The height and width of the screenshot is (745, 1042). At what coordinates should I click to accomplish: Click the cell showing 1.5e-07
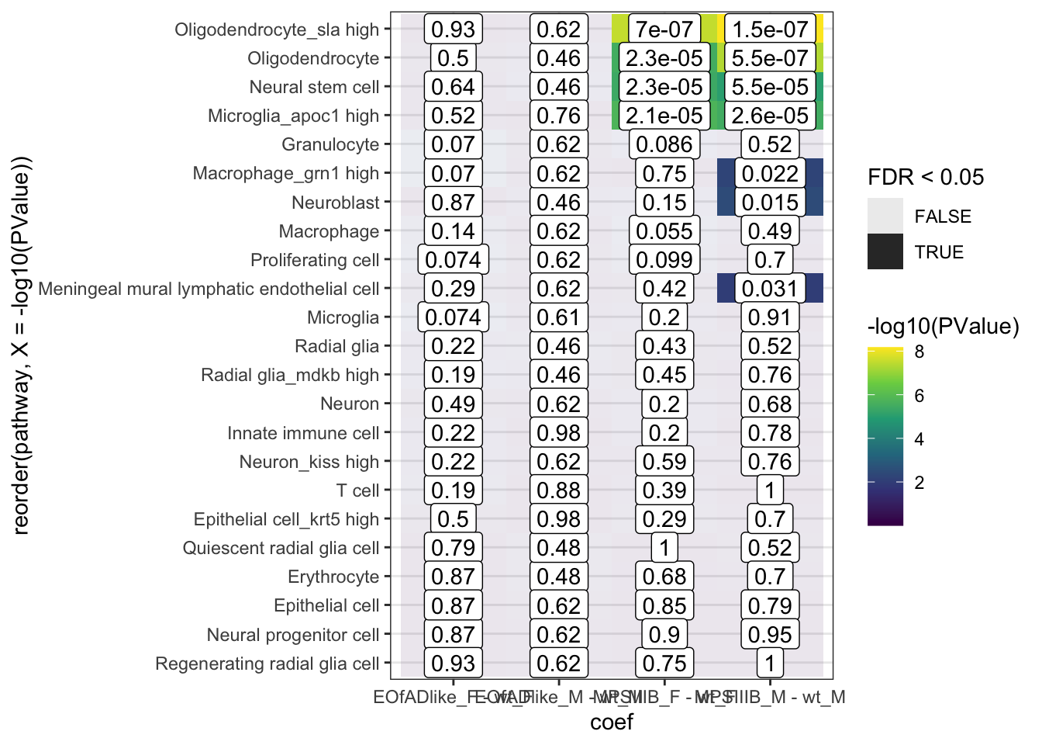770,29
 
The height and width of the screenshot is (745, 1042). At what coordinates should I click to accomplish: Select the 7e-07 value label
664,29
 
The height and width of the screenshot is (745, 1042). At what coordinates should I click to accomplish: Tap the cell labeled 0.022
770,174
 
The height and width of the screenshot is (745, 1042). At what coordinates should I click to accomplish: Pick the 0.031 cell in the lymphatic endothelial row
770,289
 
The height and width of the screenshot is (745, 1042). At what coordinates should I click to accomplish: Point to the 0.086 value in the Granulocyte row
664,144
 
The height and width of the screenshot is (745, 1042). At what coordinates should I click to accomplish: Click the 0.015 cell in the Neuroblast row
770,203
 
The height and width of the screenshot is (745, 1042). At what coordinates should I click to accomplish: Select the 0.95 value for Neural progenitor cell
770,635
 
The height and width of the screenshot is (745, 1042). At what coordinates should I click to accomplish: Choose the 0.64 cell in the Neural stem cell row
453,87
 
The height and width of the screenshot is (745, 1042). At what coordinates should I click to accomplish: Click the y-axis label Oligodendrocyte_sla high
277,29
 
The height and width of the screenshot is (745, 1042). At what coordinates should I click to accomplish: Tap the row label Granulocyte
330,144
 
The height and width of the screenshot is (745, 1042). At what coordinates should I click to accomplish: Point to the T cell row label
357,490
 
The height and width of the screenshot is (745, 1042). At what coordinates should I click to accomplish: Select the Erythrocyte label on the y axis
333,577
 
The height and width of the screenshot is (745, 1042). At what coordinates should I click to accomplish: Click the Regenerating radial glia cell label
267,664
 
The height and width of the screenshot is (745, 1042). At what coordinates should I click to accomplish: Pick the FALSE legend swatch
885,216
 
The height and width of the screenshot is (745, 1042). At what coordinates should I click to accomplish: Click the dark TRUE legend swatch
885,251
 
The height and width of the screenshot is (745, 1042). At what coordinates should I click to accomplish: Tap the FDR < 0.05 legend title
926,177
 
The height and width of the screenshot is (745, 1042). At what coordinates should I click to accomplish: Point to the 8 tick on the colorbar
920,352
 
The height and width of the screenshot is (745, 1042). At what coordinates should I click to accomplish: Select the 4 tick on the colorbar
920,439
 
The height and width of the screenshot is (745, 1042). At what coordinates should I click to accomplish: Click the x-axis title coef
612,722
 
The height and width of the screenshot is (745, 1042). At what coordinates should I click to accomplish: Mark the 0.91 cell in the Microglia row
770,317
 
